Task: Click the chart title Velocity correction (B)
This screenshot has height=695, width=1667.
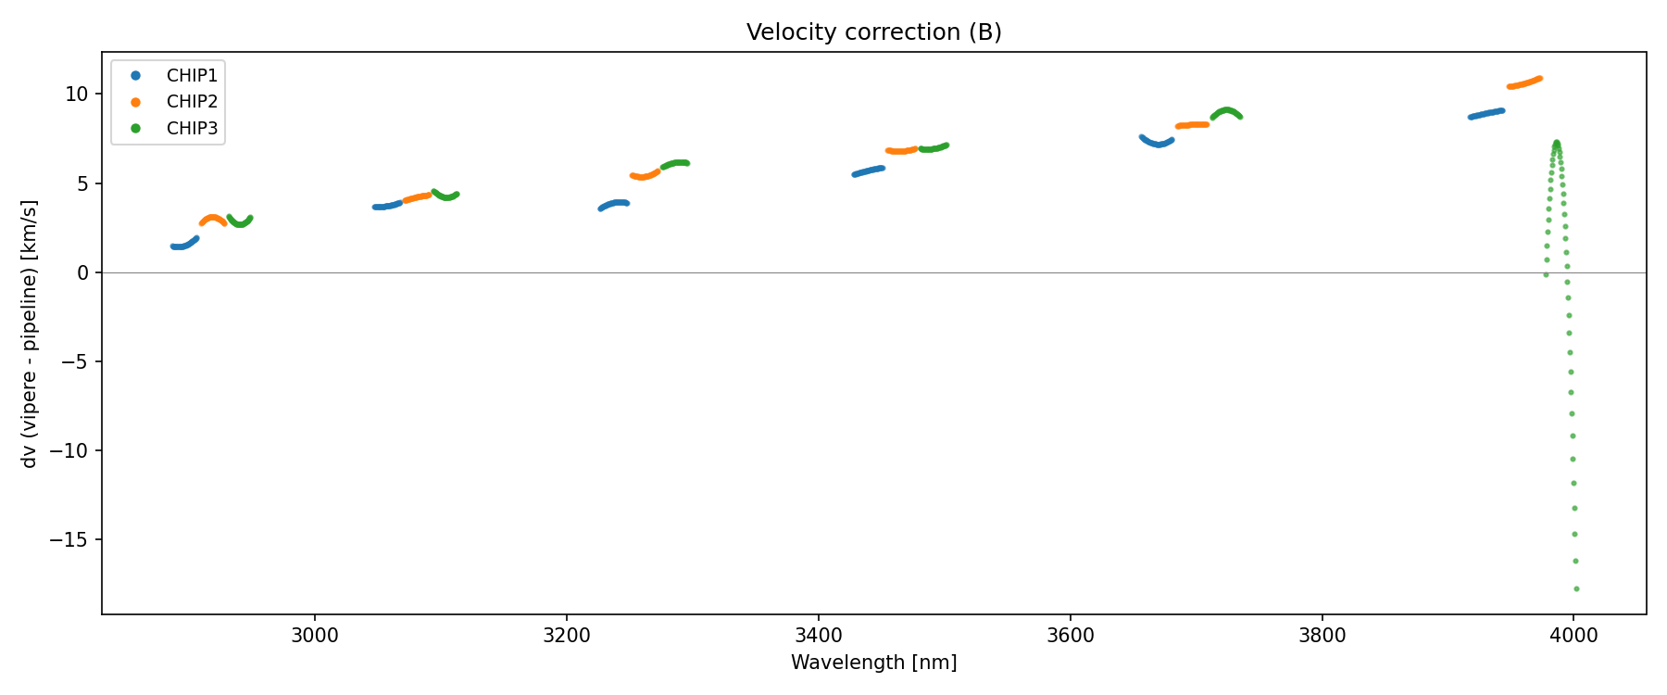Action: point(873,32)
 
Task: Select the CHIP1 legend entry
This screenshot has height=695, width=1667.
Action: point(192,75)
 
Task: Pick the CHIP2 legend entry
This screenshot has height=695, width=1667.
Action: point(192,102)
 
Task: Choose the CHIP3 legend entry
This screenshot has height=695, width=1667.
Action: point(192,129)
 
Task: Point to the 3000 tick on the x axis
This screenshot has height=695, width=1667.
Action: point(315,636)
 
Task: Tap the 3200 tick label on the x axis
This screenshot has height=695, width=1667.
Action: point(567,636)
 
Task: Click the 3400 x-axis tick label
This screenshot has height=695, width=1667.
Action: point(819,636)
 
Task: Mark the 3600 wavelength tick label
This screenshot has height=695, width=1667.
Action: point(1070,636)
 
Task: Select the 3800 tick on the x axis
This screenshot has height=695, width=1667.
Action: point(1322,636)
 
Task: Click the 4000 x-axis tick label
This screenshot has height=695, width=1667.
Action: point(1573,636)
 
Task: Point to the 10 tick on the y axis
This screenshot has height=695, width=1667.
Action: point(76,95)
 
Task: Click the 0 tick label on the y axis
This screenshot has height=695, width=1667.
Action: point(82,272)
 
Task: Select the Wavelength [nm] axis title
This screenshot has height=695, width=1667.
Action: point(873,663)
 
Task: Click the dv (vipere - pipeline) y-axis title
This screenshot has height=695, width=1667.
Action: point(30,334)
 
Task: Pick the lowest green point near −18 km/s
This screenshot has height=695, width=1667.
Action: point(1576,588)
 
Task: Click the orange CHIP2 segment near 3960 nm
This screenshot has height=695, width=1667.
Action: point(1524,83)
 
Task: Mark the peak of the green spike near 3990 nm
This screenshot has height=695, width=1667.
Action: point(1557,143)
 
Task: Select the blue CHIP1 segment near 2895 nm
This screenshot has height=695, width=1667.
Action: point(182,246)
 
